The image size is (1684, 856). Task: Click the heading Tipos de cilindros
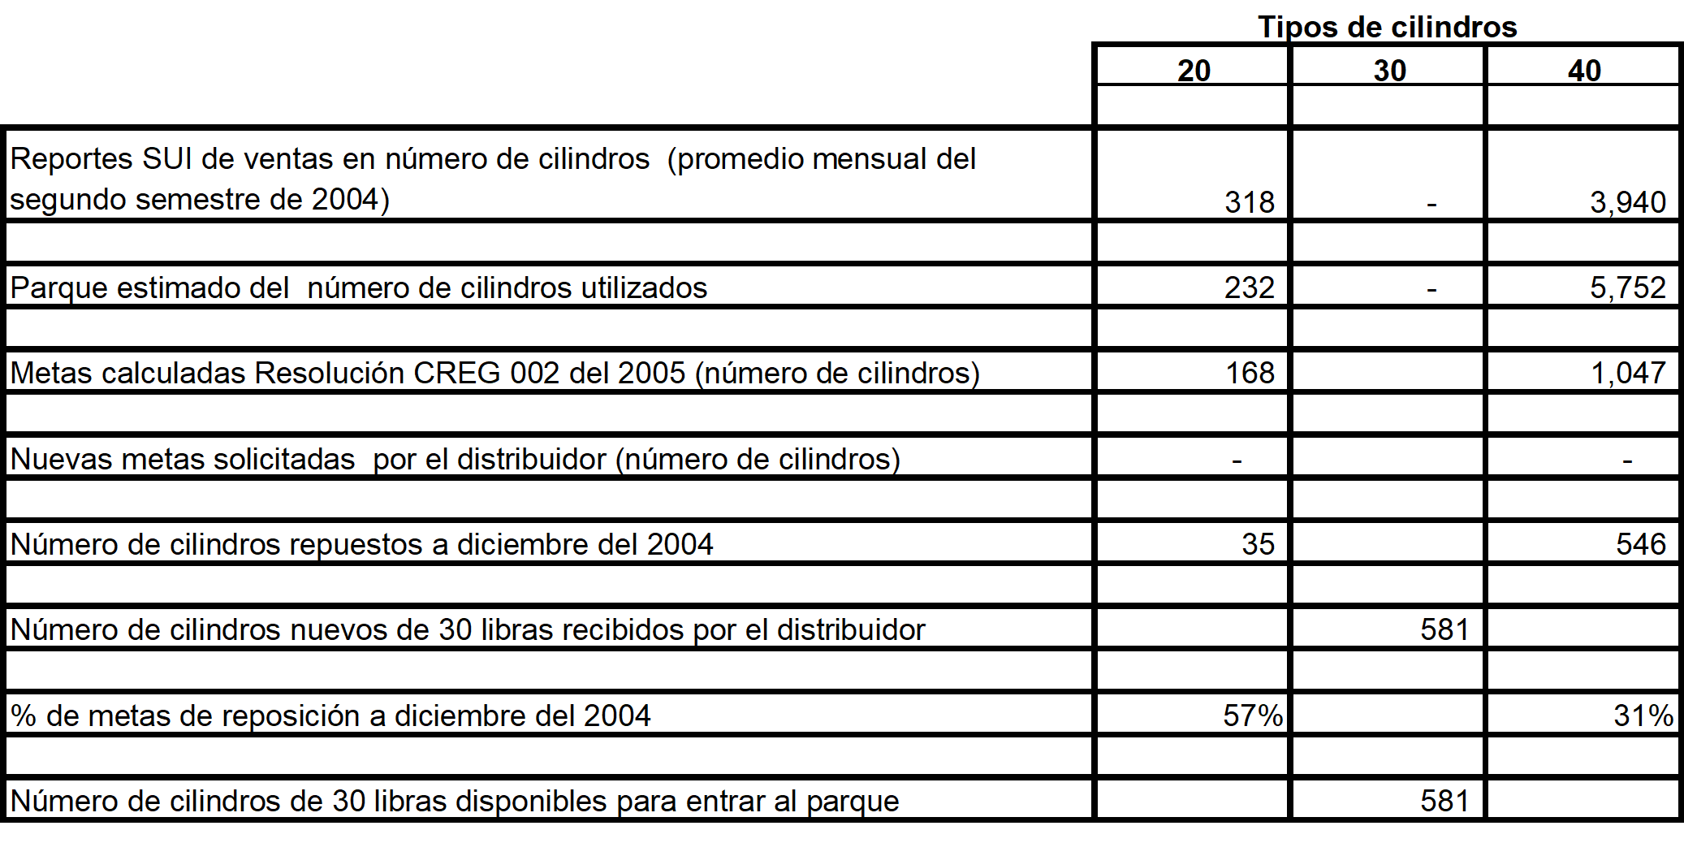pyautogui.click(x=1387, y=27)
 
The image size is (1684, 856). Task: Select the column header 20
pyautogui.click(x=1194, y=71)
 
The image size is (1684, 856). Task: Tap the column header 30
pyautogui.click(x=1389, y=71)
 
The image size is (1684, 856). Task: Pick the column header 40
pyautogui.click(x=1584, y=71)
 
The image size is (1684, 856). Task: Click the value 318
pyautogui.click(x=1250, y=202)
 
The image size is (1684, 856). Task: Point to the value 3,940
pyautogui.click(x=1627, y=202)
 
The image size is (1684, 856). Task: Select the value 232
pyautogui.click(x=1250, y=287)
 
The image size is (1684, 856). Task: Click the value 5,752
pyautogui.click(x=1627, y=287)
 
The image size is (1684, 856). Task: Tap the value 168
pyautogui.click(x=1250, y=373)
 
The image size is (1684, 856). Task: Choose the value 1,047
pyautogui.click(x=1627, y=373)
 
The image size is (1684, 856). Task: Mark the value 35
pyautogui.click(x=1258, y=544)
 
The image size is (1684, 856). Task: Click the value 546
pyautogui.click(x=1640, y=544)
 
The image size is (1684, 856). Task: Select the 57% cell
pyautogui.click(x=1252, y=715)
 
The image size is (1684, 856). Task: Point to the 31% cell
pyautogui.click(x=1643, y=715)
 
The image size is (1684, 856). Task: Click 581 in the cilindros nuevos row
pyautogui.click(x=1444, y=629)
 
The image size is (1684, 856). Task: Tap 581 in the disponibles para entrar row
pyautogui.click(x=1444, y=801)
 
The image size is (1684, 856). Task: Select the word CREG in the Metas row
pyautogui.click(x=457, y=373)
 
